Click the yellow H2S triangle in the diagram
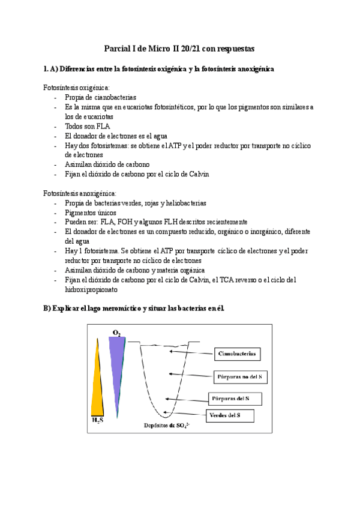98,385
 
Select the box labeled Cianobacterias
236,354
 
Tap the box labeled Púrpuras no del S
240,376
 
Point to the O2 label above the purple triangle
116,332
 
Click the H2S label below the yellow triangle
97,420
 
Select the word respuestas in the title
235,48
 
